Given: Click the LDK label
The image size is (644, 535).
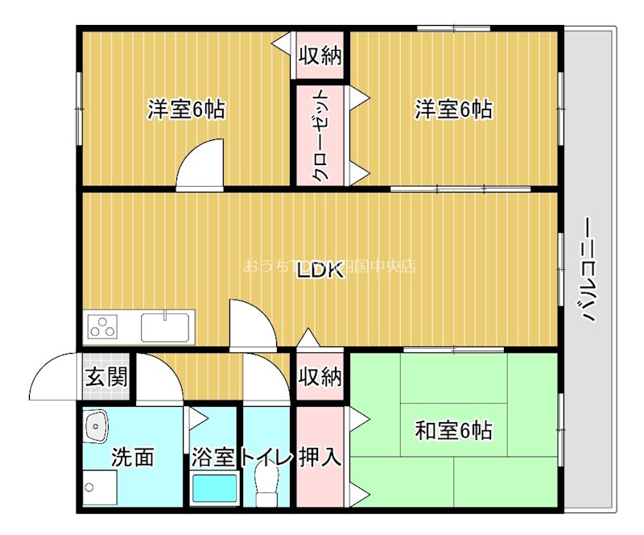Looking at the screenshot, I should click(320, 272).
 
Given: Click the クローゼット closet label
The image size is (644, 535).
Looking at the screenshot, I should click(320, 135).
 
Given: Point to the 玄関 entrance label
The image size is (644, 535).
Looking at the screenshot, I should click(106, 376).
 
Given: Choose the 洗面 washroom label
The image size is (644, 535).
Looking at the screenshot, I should click(132, 458).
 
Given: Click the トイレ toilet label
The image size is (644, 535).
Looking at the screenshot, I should click(266, 458).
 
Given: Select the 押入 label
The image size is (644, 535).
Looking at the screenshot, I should click(320, 457).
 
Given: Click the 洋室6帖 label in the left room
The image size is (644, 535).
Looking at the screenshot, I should click(185, 109).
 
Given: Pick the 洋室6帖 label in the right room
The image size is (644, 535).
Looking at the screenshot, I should click(453, 109).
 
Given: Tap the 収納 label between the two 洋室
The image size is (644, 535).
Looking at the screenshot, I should click(320, 56).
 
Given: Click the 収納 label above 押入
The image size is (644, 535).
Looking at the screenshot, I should click(320, 376).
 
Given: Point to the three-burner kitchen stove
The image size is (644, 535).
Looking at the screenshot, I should click(103, 327).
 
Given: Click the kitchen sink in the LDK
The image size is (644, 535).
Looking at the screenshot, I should click(165, 327).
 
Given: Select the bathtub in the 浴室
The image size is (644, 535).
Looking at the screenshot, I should click(214, 488).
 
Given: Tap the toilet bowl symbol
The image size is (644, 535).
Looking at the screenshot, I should click(265, 487).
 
